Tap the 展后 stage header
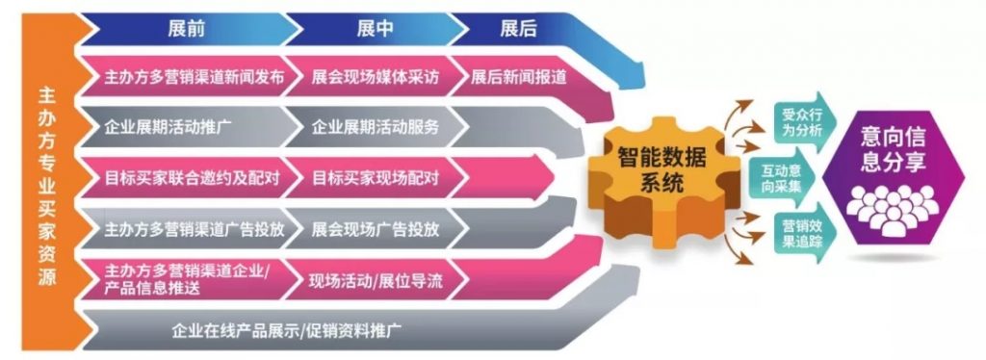pyautogui.click(x=518, y=28)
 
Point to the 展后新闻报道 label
pyautogui.click(x=519, y=78)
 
